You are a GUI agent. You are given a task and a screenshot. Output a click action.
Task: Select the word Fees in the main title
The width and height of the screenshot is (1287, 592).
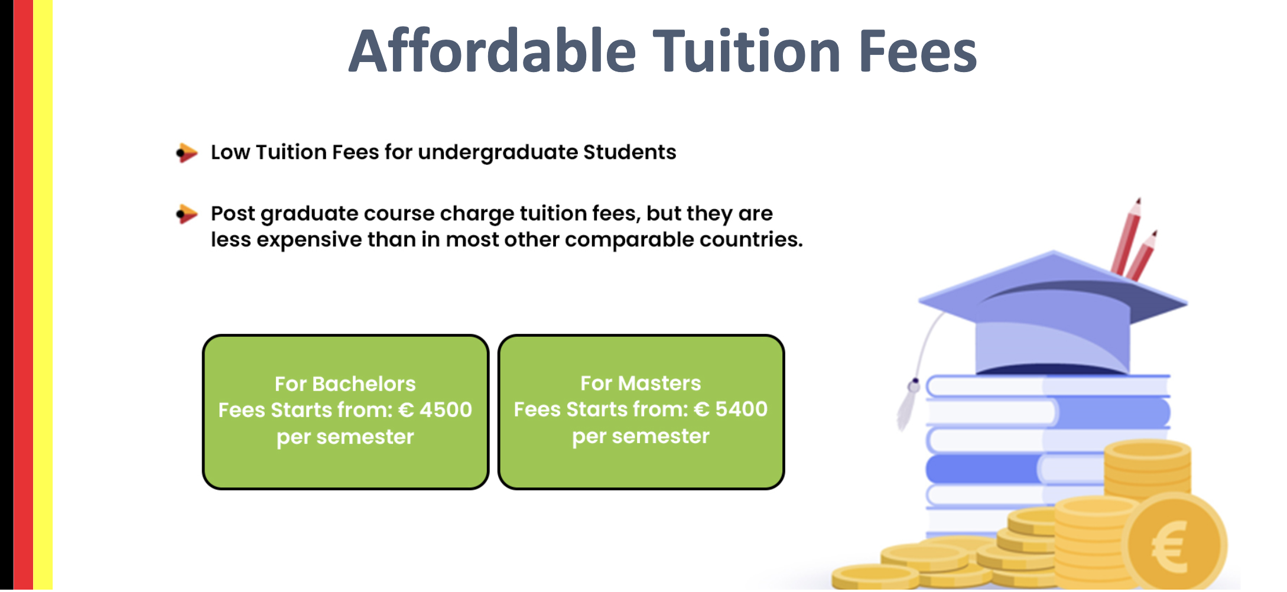[918, 52]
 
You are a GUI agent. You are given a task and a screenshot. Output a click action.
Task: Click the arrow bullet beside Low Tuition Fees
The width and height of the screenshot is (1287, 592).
[187, 152]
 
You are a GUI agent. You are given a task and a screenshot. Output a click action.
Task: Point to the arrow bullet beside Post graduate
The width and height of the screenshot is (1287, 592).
[187, 214]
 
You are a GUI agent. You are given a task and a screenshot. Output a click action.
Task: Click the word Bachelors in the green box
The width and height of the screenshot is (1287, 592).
[364, 384]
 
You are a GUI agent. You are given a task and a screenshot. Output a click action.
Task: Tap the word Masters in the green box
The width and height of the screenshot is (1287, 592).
[659, 383]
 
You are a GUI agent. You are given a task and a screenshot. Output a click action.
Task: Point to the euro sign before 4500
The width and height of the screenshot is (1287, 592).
[406, 409]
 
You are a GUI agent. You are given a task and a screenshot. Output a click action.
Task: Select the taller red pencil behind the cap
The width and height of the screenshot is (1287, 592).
[1126, 236]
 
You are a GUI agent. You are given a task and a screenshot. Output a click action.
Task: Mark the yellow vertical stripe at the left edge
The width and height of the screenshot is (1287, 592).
[43, 296]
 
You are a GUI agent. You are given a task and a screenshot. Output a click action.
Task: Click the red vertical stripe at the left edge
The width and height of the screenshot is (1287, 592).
[23, 296]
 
